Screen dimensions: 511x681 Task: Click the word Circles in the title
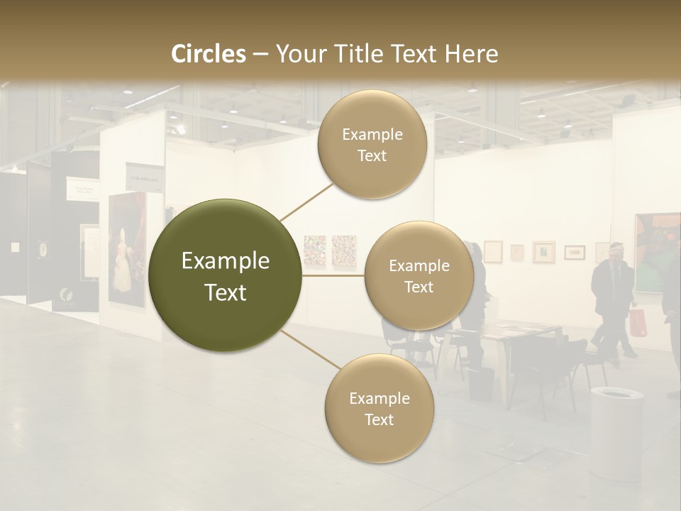209,54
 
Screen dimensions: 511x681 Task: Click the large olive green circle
226,275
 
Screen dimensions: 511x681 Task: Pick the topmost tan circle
372,144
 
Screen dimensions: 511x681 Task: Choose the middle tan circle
419,275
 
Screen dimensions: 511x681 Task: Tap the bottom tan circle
379,408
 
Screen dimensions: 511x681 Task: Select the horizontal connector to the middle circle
333,275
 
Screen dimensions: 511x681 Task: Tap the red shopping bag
638,323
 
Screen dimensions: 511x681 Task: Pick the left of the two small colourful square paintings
314,251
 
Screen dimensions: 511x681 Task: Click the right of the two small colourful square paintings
344,251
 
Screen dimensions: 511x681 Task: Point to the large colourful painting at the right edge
657,253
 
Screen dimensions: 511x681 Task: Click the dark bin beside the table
481,384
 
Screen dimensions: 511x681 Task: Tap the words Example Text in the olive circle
226,277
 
